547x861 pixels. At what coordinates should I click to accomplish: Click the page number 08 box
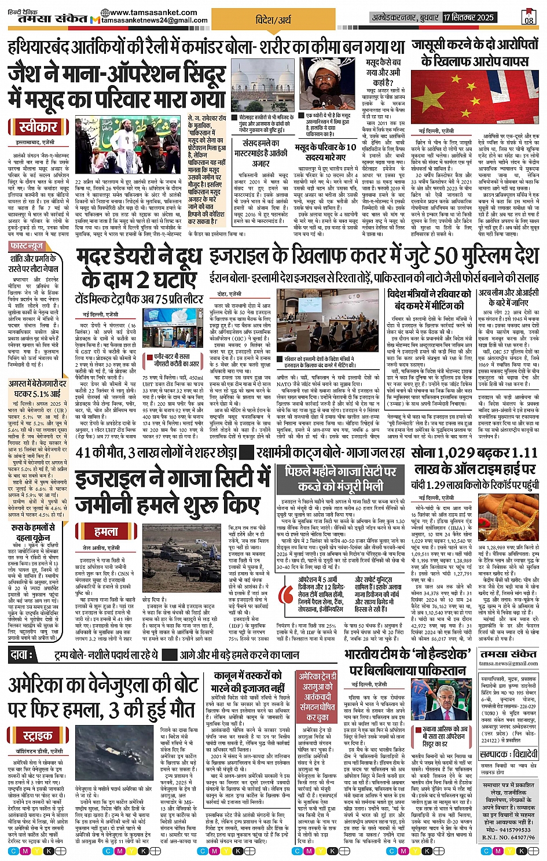528,17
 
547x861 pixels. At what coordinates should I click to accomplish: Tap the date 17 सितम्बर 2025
469,17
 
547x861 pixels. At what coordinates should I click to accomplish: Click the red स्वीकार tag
38,126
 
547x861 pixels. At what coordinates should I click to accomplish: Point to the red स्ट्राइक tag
38,735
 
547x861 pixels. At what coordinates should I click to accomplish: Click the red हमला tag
106,531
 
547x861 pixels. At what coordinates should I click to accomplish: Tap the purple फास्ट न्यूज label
27,246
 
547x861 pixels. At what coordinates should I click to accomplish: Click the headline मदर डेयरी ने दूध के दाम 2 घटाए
139,269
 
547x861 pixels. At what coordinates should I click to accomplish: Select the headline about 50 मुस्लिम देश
374,256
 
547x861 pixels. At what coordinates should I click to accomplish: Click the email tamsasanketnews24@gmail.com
155,21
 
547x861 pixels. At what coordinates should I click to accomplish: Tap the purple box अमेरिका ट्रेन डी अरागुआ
317,696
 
